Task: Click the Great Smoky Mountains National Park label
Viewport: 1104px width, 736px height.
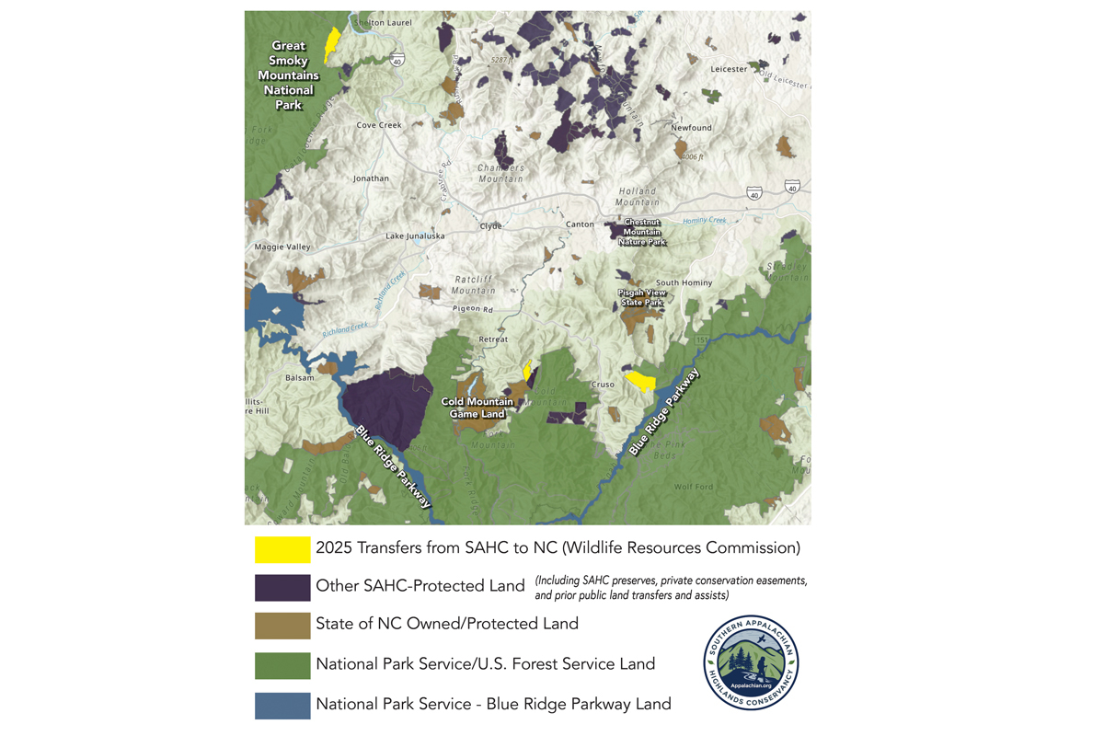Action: tap(288, 75)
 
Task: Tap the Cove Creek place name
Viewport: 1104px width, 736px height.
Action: tap(379, 125)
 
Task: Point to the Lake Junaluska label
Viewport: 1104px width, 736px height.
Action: tap(414, 236)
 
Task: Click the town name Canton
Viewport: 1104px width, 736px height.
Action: tap(580, 224)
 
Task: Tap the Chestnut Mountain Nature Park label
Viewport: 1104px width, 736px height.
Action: tap(642, 232)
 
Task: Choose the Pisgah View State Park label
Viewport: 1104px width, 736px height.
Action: tap(641, 297)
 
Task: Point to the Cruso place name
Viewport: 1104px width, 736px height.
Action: tap(603, 385)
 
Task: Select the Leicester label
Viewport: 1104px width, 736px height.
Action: tap(729, 69)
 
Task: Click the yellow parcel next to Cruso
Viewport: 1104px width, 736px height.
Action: tap(640, 380)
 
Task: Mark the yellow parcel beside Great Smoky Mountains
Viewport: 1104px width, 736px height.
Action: tap(332, 42)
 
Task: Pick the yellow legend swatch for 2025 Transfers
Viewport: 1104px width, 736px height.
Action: tap(282, 548)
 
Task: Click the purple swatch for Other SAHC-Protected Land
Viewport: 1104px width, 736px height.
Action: tap(282, 587)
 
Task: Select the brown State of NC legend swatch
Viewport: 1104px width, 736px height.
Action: tap(282, 626)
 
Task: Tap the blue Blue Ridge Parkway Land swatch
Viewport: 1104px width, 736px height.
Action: tap(282, 704)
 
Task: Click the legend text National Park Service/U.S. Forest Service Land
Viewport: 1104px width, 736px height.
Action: tap(485, 664)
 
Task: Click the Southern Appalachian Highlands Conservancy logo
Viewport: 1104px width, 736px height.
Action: tap(751, 662)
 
